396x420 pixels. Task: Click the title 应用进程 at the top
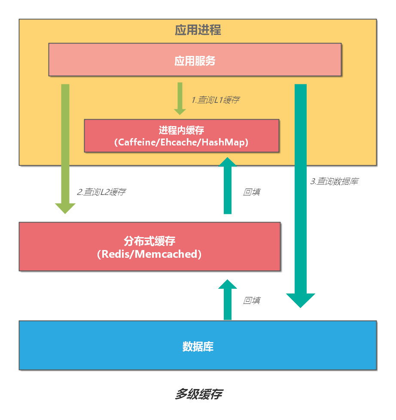pos(198,30)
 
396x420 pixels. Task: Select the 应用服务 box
pos(195,60)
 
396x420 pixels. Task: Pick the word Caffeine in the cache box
pos(136,142)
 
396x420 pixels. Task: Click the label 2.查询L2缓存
pos(101,192)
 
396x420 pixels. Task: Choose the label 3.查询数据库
pos(334,181)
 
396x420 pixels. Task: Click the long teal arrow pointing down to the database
pos(301,194)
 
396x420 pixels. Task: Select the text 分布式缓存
pos(149,241)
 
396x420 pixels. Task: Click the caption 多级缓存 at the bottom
pos(198,394)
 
